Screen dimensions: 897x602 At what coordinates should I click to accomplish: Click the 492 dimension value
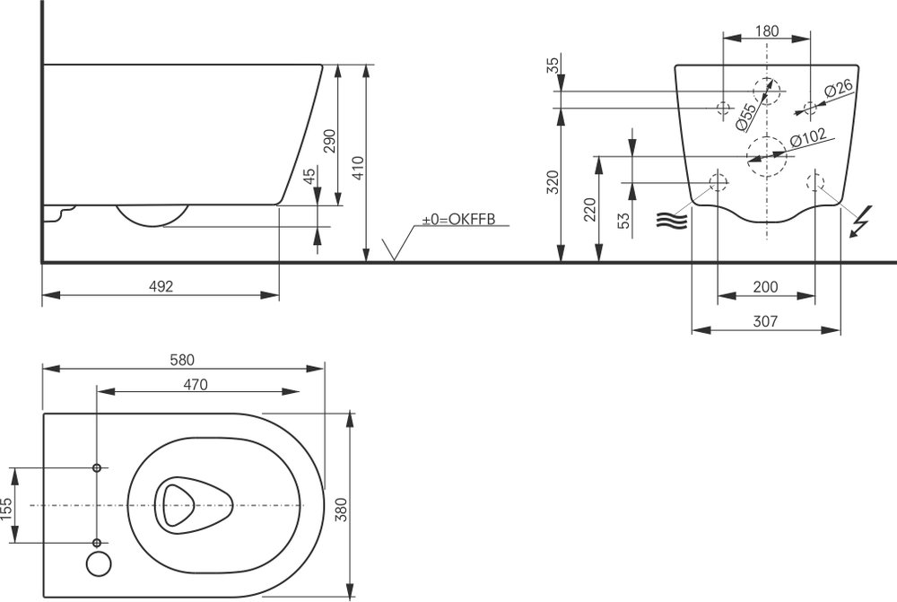coord(161,286)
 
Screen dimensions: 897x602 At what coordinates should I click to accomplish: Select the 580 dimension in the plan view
coord(182,360)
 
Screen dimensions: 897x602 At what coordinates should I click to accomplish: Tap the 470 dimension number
coord(196,385)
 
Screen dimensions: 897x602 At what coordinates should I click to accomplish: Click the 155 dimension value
coord(6,509)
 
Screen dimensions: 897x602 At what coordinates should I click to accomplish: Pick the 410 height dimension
coord(358,169)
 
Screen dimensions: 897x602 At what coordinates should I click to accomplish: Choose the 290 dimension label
coord(329,141)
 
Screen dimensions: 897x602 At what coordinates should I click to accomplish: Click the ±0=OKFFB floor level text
coord(458,219)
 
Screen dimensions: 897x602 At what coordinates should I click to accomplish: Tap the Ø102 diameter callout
coord(808,137)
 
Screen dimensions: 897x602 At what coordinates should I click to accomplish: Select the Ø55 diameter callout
coord(745,116)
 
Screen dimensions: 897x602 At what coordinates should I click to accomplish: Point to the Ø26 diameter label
coord(839,89)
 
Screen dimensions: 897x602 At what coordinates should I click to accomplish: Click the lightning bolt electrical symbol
coord(861,221)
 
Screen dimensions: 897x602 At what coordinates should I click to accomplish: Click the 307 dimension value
coord(765,321)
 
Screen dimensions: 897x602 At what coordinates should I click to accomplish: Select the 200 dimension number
coord(765,286)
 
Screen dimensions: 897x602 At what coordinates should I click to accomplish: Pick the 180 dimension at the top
coord(767,31)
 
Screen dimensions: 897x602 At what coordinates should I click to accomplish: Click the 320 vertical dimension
coord(553,182)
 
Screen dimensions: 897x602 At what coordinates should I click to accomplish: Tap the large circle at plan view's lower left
coord(99,564)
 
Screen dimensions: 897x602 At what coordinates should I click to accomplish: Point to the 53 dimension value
coord(624,221)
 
